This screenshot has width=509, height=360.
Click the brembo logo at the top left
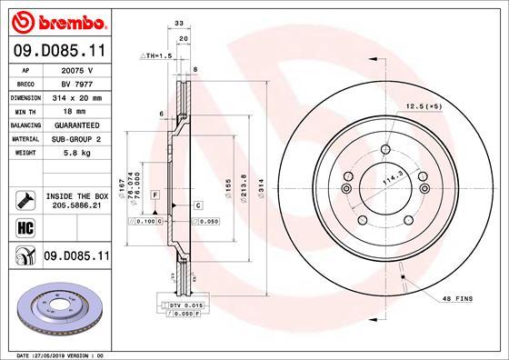[56, 20]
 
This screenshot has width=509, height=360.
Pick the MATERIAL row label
[24, 139]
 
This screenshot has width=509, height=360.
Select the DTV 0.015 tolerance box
[182, 305]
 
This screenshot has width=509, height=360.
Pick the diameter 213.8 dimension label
[243, 187]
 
